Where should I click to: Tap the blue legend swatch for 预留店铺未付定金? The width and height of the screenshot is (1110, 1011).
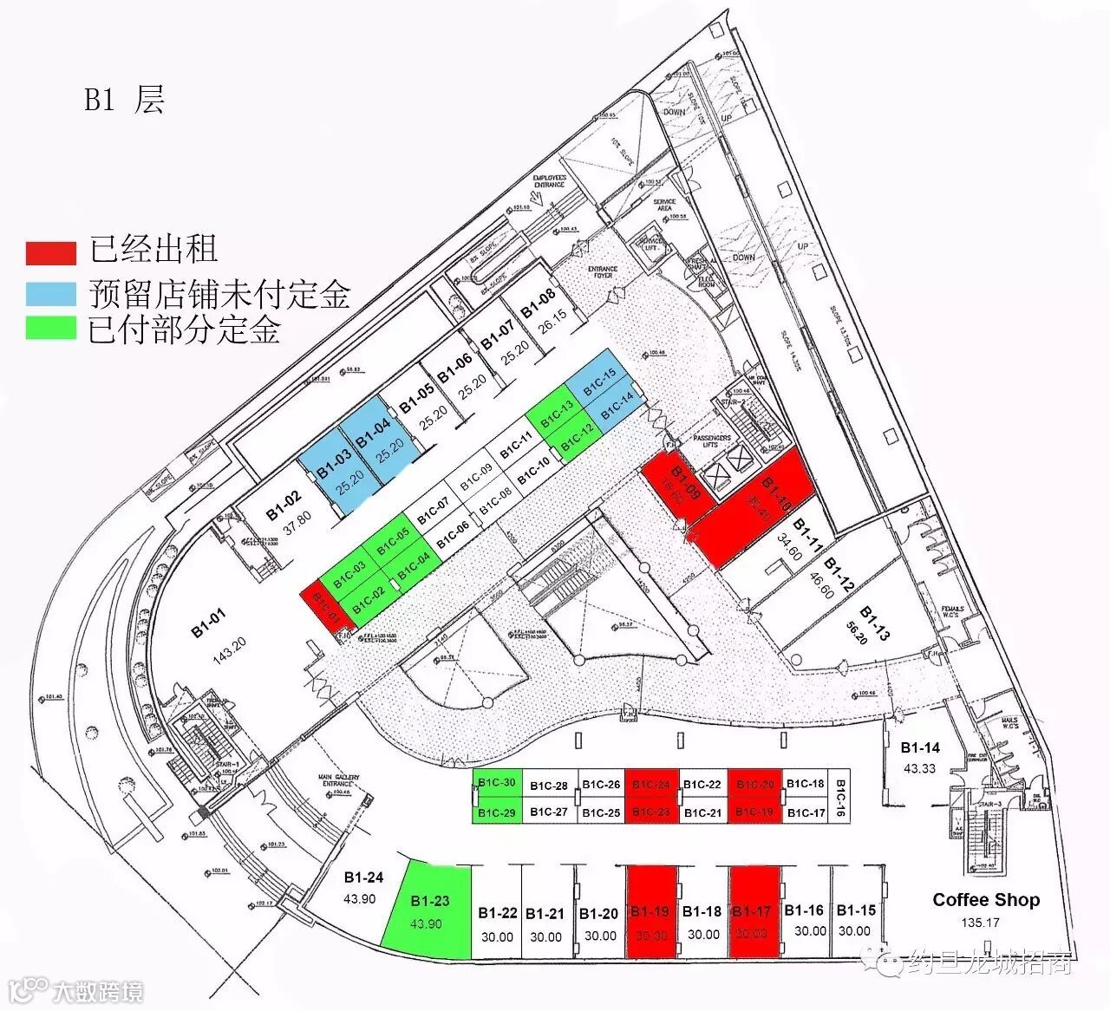[x=50, y=293]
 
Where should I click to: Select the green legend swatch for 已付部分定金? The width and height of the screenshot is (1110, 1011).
[x=50, y=329]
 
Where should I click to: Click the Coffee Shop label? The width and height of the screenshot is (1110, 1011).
[x=986, y=899]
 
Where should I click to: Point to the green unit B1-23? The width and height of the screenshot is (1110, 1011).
[x=428, y=910]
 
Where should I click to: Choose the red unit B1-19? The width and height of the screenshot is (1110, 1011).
[x=650, y=923]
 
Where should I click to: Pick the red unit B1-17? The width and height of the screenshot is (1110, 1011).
[x=753, y=923]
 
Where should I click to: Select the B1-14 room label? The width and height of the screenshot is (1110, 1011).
[x=920, y=747]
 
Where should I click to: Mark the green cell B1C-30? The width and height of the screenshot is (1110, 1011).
[x=498, y=783]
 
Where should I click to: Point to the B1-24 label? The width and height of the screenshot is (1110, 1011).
[x=363, y=877]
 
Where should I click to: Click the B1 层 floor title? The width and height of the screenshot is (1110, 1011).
[x=124, y=100]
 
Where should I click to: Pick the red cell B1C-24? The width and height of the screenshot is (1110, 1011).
[x=651, y=785]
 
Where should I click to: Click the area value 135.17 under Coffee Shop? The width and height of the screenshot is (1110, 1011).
[x=980, y=923]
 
